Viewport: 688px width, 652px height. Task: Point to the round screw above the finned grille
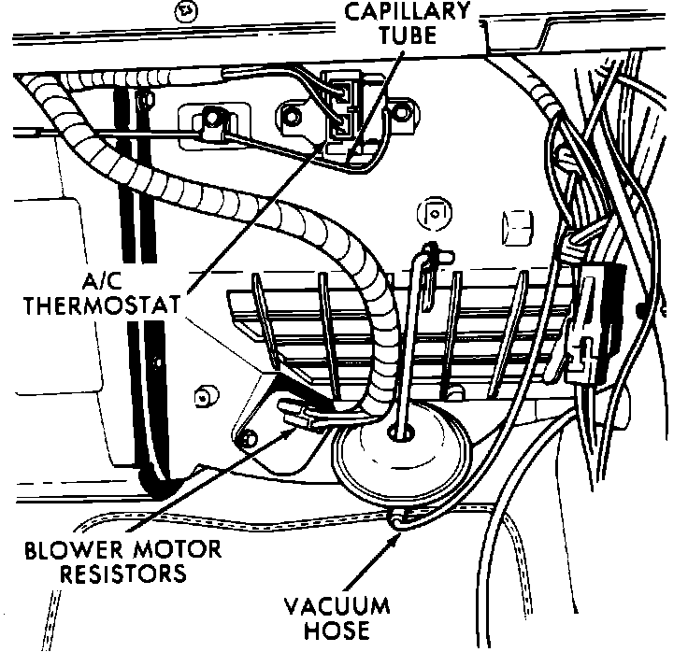tap(432, 210)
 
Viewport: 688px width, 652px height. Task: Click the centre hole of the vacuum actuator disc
tap(402, 432)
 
